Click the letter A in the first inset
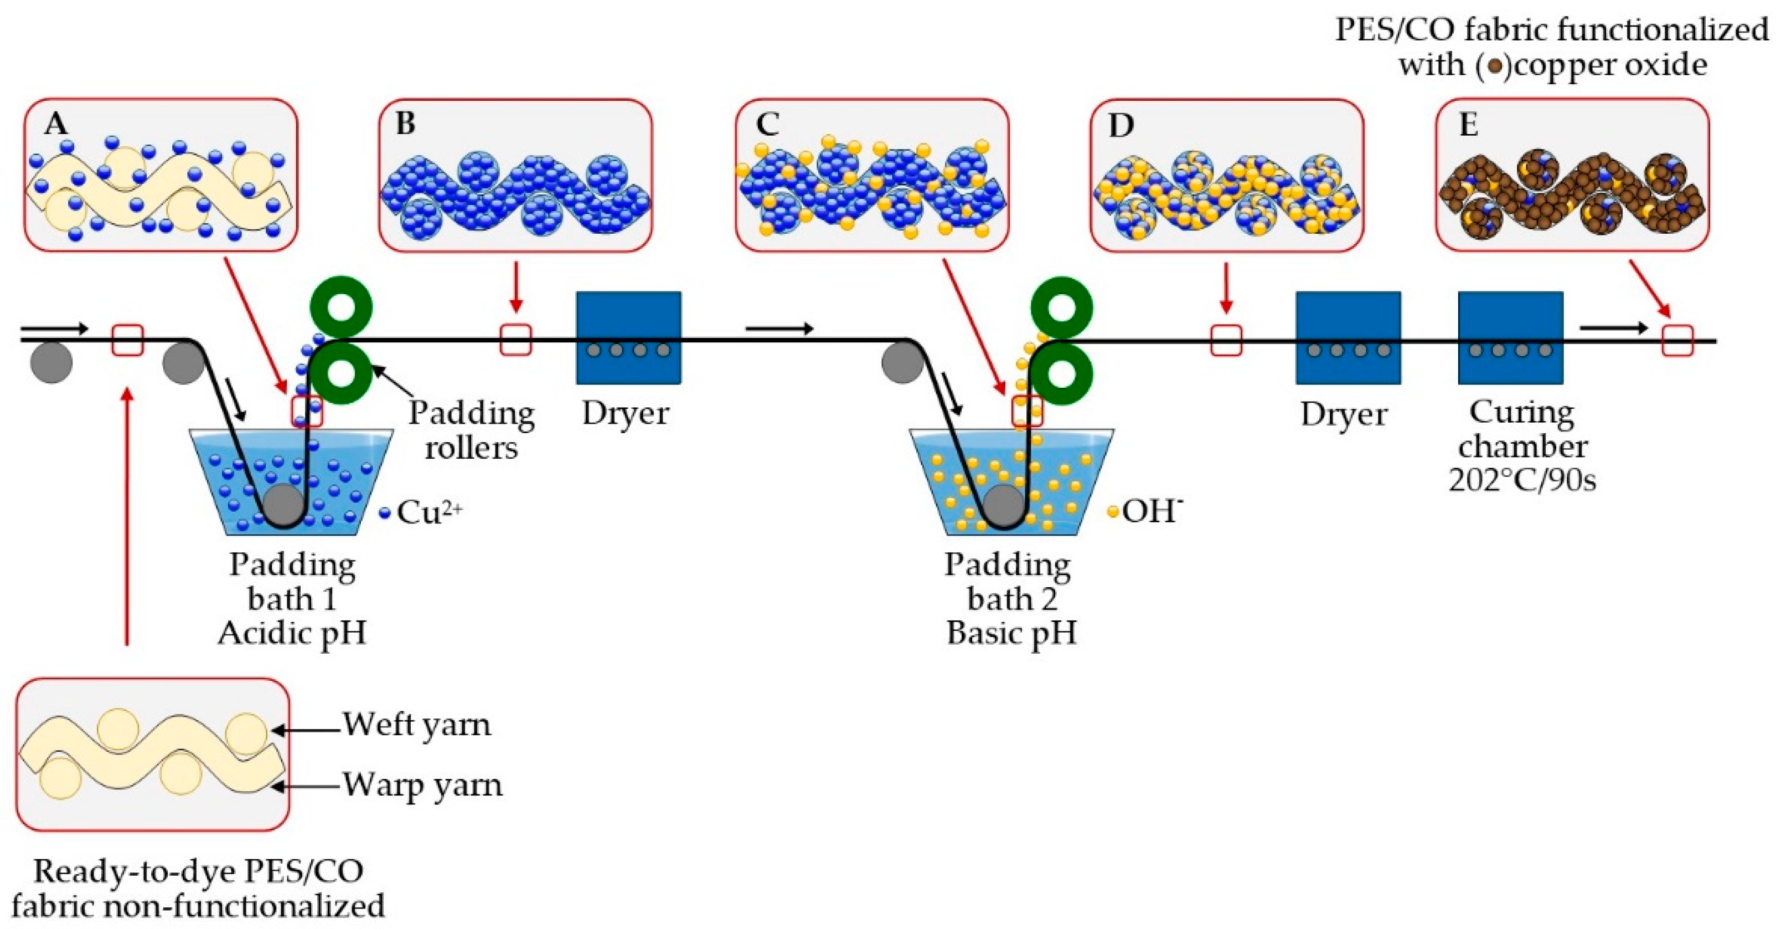coord(56,125)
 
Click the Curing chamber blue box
coord(1510,337)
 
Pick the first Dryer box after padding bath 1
coord(628,337)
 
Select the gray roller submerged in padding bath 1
coord(284,505)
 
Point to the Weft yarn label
coord(417,724)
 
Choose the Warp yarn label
coord(422,785)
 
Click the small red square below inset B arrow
coord(515,340)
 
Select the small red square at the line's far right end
coord(1677,341)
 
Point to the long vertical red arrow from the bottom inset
coord(127,517)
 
